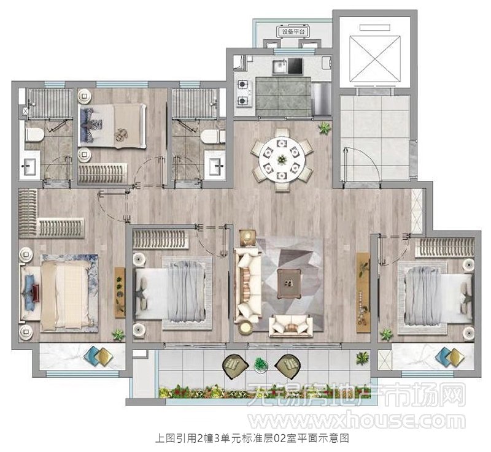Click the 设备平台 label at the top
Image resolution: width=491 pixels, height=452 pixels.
(293, 31)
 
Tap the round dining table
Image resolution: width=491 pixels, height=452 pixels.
(282, 159)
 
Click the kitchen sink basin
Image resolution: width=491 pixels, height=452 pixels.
(279, 66)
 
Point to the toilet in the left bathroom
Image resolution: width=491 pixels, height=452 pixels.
(34, 135)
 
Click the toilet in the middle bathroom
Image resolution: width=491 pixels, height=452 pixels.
(212, 136)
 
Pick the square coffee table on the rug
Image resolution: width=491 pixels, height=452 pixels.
(289, 283)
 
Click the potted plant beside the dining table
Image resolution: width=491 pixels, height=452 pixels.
(325, 128)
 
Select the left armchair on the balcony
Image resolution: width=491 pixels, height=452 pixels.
(235, 366)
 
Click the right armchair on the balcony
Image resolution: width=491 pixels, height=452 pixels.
(288, 366)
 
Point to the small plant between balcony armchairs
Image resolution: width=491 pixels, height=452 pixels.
(261, 365)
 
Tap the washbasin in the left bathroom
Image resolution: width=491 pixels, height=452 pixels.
(30, 166)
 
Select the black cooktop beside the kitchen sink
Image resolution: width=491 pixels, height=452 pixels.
(295, 66)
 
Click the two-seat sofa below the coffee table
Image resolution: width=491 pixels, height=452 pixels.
(291, 326)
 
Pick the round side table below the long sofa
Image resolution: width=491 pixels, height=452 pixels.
(246, 328)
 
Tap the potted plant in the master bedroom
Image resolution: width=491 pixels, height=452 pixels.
(118, 335)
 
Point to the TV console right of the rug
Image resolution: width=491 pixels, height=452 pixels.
(363, 297)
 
